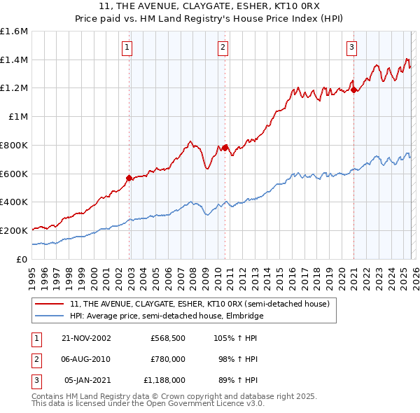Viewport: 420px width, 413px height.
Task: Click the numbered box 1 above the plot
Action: point(127,48)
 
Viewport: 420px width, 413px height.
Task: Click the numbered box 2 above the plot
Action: point(223,48)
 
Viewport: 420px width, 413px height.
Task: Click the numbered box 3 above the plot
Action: point(351,48)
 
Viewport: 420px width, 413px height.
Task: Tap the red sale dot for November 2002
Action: point(129,178)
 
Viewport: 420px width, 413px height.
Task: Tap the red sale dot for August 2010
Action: point(225,148)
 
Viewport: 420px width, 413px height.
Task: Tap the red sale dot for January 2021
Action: point(353,90)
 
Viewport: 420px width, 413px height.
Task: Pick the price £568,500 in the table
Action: point(167,337)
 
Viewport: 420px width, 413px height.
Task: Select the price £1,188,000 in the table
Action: point(164,380)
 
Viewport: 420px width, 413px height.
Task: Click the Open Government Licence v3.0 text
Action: point(203,405)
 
